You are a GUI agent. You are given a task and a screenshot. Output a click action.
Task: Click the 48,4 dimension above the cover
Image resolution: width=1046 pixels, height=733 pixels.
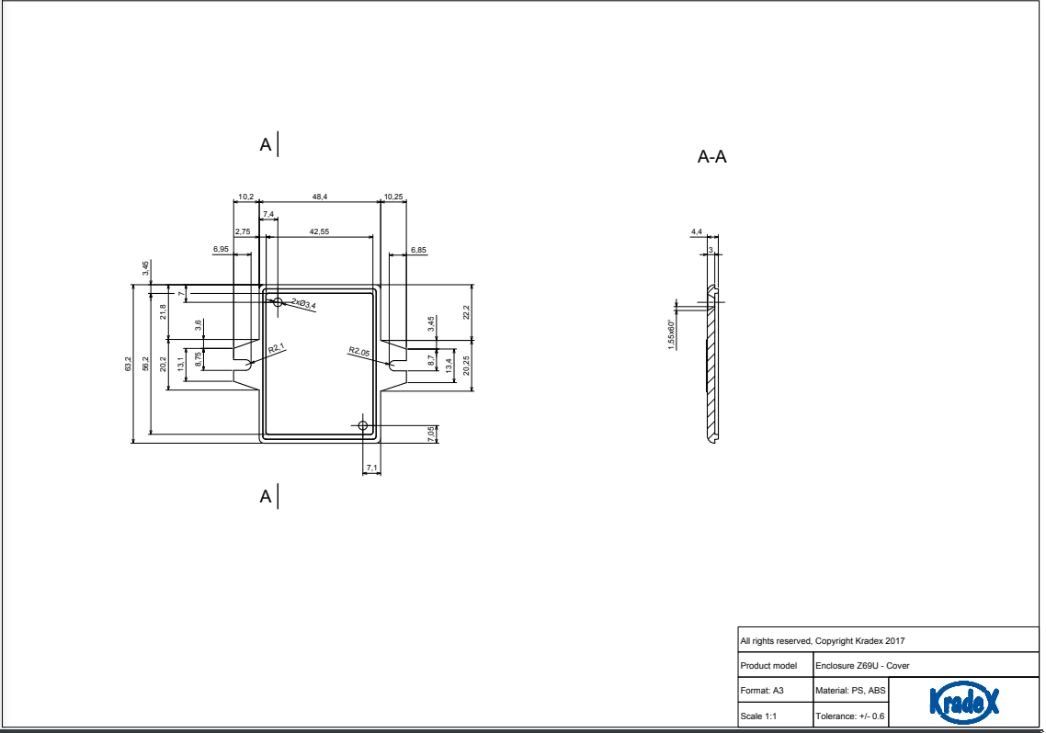click(x=320, y=197)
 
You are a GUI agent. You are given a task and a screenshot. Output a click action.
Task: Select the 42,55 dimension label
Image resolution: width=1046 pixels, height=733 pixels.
click(x=319, y=231)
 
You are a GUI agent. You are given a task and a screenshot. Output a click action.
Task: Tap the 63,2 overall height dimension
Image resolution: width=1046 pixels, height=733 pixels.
click(x=128, y=364)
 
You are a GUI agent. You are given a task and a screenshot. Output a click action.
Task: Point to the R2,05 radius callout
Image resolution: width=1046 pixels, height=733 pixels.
click(x=358, y=351)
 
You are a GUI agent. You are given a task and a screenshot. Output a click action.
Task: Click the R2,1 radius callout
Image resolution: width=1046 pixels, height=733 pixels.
click(x=276, y=348)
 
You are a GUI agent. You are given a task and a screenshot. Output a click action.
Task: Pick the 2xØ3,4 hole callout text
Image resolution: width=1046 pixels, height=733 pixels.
click(x=303, y=304)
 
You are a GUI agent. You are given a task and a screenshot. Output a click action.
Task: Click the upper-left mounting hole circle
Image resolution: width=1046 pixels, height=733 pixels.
click(x=279, y=302)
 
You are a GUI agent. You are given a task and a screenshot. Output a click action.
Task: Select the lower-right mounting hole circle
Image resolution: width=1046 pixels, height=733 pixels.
click(x=363, y=425)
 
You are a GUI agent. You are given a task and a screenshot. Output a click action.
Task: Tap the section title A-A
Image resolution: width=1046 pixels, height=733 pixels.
click(x=711, y=156)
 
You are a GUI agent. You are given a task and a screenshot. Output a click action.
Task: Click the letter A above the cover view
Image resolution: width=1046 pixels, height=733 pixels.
click(x=266, y=144)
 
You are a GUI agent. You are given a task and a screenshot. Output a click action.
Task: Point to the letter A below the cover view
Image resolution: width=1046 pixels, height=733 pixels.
click(x=266, y=496)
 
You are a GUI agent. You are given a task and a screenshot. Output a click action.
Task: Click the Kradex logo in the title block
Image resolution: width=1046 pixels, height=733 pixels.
click(x=964, y=702)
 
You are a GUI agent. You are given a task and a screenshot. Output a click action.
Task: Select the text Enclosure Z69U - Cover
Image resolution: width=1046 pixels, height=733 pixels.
click(x=862, y=666)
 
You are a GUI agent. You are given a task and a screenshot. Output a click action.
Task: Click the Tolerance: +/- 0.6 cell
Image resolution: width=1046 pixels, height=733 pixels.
click(x=850, y=716)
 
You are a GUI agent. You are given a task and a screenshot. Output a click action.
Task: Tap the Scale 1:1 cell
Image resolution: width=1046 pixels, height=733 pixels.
click(x=758, y=716)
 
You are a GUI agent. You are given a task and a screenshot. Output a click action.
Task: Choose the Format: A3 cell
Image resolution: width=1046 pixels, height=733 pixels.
click(x=762, y=691)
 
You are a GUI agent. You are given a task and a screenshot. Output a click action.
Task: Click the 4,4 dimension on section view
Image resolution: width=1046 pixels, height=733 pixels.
click(x=697, y=231)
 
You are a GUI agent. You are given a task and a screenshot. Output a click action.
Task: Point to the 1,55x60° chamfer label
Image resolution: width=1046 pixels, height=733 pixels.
click(x=671, y=334)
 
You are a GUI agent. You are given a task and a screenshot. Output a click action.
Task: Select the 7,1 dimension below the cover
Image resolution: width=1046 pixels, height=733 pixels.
click(x=371, y=468)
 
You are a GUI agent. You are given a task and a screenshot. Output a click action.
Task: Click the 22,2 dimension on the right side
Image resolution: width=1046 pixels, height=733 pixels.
click(x=466, y=312)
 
